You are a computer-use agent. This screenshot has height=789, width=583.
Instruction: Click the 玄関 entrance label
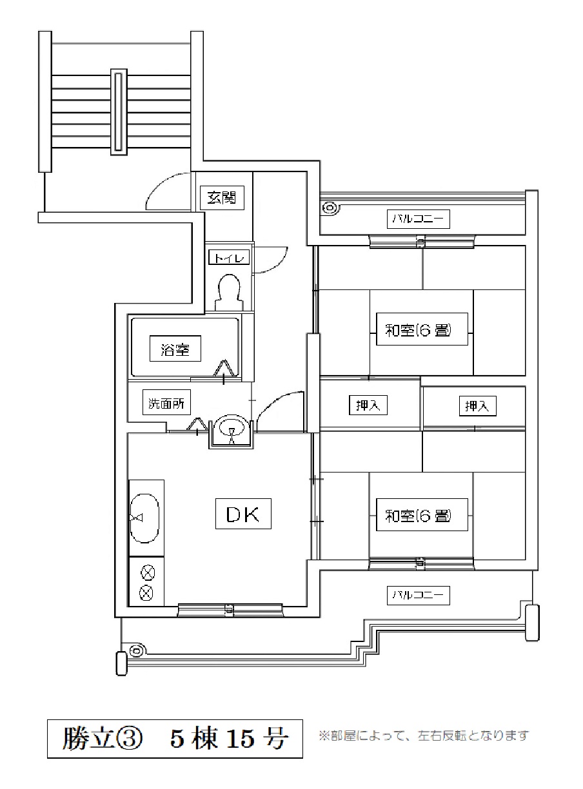221,197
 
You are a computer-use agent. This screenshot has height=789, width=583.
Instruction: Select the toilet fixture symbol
230,293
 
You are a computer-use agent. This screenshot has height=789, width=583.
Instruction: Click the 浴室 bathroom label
175,349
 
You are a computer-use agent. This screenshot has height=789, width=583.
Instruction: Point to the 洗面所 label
166,402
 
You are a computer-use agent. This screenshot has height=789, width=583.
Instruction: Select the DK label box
243,513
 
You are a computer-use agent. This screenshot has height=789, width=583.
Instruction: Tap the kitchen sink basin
144,518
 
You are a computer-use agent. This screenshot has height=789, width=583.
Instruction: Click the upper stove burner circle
147,572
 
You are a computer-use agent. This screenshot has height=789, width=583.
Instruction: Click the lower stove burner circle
146,593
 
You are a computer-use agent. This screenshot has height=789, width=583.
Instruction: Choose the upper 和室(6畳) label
422,329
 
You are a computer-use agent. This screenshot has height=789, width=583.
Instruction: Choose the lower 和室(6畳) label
422,515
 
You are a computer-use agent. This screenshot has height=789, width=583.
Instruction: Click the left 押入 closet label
368,405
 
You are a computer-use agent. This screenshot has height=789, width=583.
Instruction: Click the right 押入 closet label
477,405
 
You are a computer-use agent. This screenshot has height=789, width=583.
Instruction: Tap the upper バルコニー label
418,219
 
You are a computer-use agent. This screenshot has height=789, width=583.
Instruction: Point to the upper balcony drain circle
330,208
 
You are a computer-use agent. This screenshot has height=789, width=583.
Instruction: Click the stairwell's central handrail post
119,112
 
